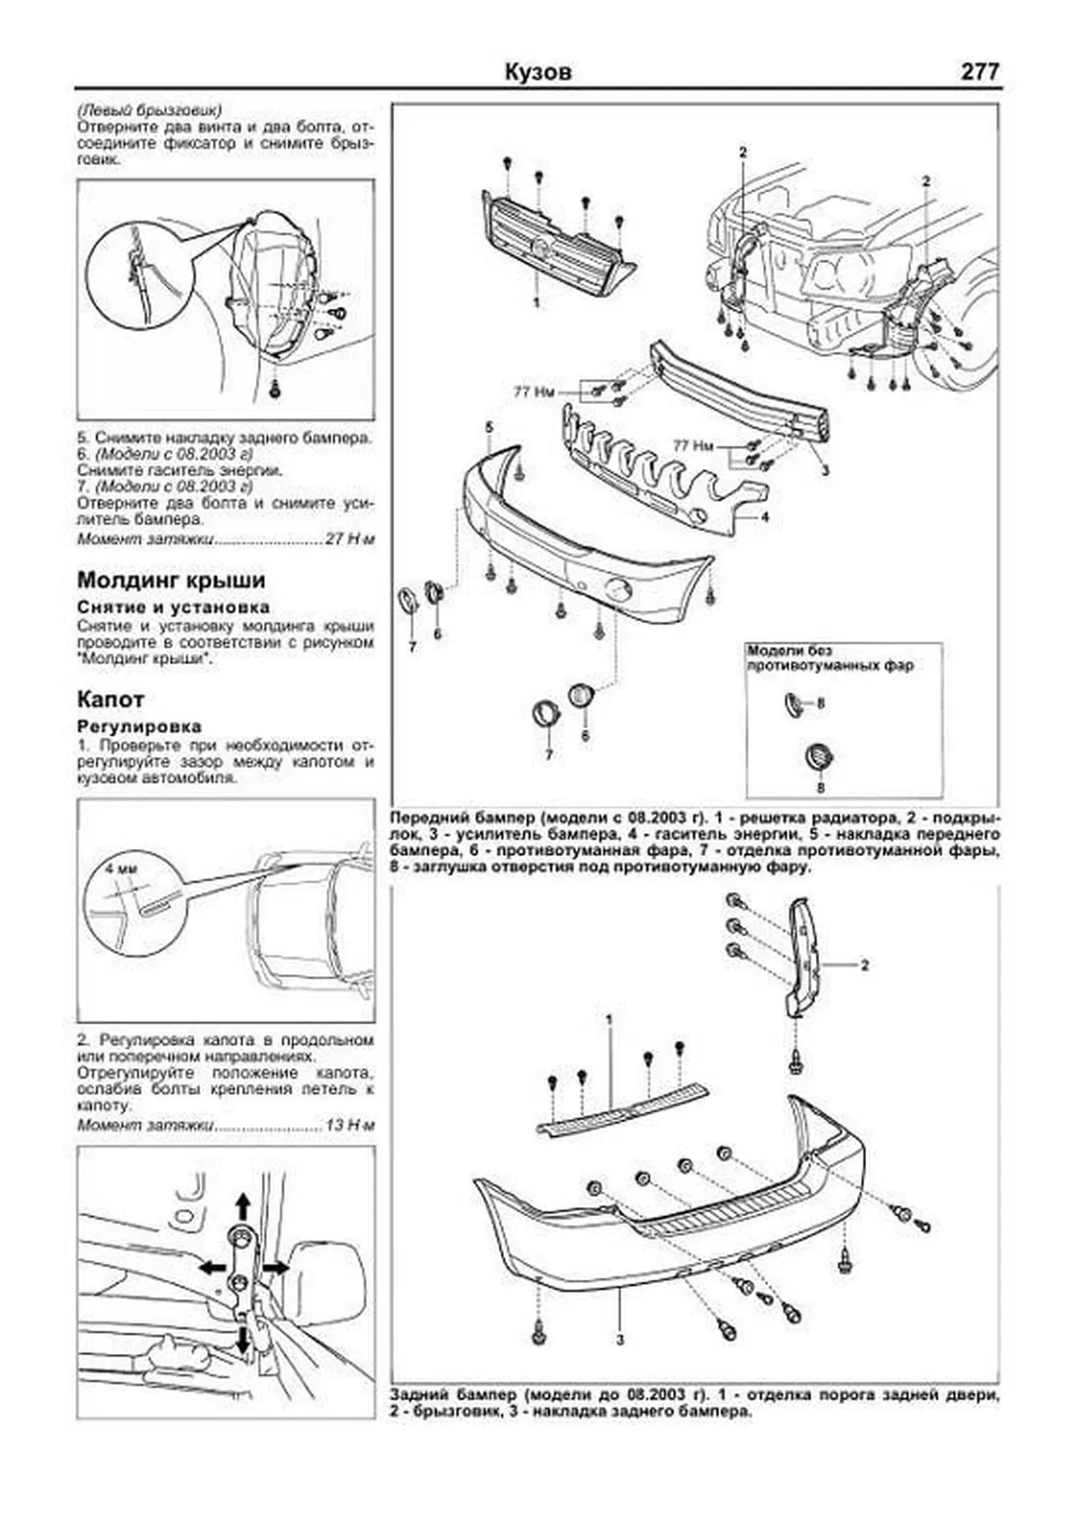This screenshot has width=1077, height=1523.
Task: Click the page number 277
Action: pyautogui.click(x=979, y=71)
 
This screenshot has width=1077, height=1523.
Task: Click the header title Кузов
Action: pyautogui.click(x=538, y=72)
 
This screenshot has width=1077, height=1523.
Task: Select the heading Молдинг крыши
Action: pyautogui.click(x=171, y=580)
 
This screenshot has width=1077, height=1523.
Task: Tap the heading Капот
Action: pyautogui.click(x=110, y=699)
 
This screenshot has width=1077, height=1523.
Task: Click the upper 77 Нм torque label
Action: pyautogui.click(x=534, y=392)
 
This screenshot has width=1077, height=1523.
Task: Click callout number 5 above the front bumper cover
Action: pyautogui.click(x=489, y=425)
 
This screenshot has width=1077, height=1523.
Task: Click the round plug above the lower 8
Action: pyautogui.click(x=819, y=757)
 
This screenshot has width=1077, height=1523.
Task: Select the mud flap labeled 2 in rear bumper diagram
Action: pyautogui.click(x=805, y=957)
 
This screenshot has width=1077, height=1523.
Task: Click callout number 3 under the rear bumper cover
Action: pyautogui.click(x=619, y=1367)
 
